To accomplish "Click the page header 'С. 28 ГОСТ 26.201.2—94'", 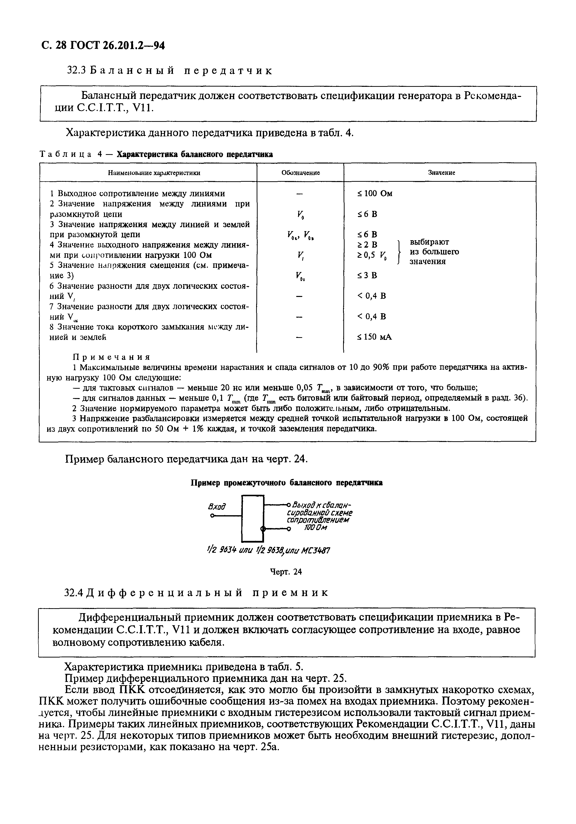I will (x=103, y=46).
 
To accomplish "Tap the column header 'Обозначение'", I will (x=300, y=173).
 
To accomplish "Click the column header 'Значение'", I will (x=441, y=173).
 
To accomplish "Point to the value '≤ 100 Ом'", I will (x=374, y=193).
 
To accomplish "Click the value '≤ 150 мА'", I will (x=374, y=337).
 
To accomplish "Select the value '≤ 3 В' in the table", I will (x=367, y=275).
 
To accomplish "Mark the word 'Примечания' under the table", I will (x=111, y=357).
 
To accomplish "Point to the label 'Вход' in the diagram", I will (x=217, y=507).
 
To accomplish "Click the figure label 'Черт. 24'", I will (x=286, y=572).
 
